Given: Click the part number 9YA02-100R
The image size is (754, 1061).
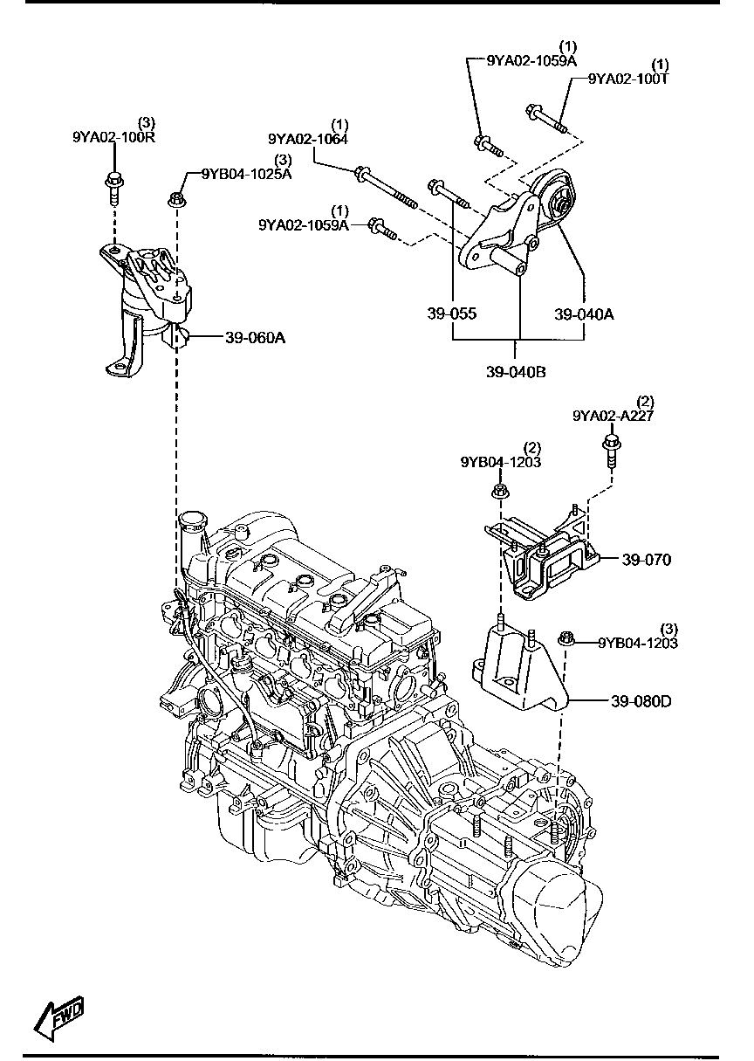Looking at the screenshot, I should point(113,137).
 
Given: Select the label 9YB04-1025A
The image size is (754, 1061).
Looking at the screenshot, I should point(246,173).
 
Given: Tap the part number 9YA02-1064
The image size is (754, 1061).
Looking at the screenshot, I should point(307,138).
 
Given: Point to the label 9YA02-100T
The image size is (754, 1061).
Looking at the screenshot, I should point(627,79).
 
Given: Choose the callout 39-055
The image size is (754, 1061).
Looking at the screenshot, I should point(452,313).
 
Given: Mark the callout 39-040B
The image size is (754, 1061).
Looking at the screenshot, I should point(516,372).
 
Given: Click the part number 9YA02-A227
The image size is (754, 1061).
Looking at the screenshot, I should point(613,416).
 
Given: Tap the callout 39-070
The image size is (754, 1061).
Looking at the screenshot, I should point(647,560).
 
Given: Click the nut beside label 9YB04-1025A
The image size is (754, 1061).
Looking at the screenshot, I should point(176,200).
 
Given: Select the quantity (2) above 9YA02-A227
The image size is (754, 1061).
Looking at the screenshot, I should point(646,402).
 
